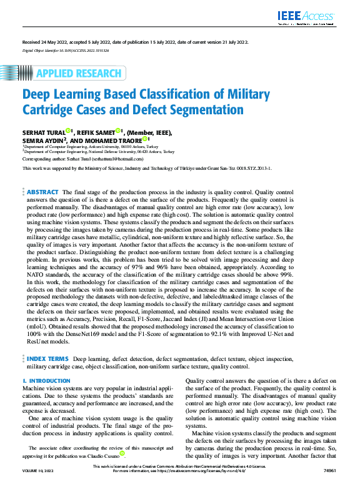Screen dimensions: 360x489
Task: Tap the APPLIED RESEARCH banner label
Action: coord(78,73)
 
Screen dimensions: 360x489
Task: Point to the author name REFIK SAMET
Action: coord(96,132)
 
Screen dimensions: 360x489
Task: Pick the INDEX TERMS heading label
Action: coord(47,360)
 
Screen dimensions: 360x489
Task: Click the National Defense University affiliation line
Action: coord(99,151)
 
